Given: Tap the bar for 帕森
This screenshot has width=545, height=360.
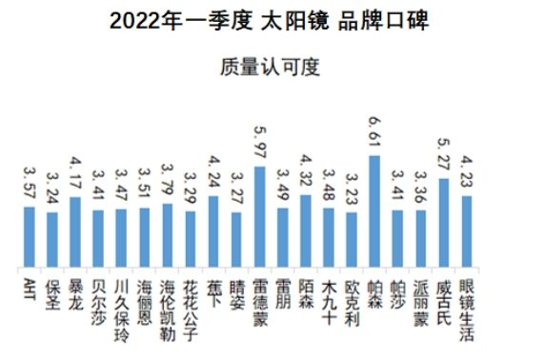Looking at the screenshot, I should click(x=374, y=210).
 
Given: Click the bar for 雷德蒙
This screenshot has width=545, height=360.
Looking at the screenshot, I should click(x=259, y=216).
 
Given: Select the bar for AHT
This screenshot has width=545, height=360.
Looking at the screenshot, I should click(x=30, y=236).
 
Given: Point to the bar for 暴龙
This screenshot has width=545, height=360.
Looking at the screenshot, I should click(x=75, y=231).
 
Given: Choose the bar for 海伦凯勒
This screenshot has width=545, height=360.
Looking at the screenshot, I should click(x=168, y=234).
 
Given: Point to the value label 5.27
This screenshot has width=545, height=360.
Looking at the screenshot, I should click(x=444, y=158).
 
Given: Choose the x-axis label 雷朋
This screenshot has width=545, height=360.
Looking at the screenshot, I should click(x=283, y=291).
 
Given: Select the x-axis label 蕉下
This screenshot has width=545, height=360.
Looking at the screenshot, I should click(x=213, y=291).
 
